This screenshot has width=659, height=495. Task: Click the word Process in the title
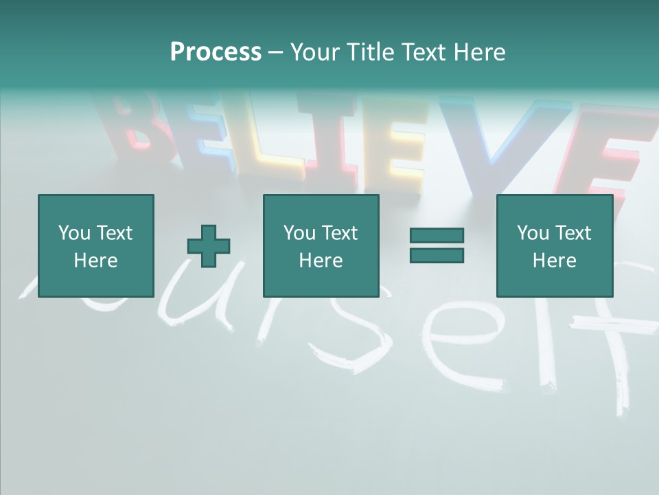[216, 52]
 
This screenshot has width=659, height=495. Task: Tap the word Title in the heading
[371, 52]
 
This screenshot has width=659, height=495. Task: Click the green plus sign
[209, 245]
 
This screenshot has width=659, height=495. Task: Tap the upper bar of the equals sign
[437, 236]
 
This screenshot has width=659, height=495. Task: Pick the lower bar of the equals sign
[437, 255]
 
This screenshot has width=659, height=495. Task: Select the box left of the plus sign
[95, 245]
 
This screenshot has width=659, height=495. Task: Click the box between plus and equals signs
[321, 245]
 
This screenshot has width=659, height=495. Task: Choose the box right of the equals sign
[554, 245]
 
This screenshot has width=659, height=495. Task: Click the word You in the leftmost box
[74, 233]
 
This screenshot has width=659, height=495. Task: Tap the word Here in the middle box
[321, 261]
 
